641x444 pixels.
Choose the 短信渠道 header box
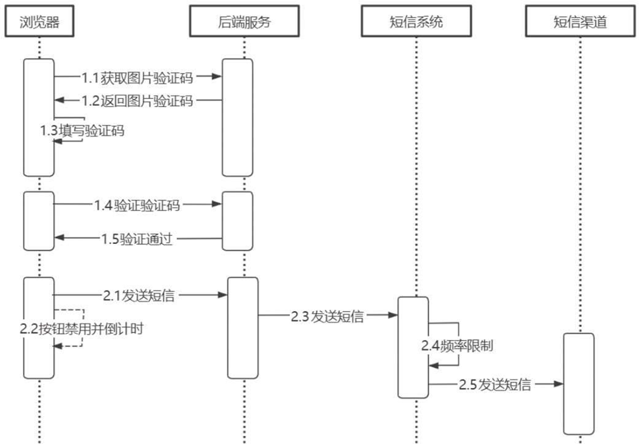click(x=580, y=23)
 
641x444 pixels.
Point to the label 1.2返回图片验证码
click(x=137, y=101)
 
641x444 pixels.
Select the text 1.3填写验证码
click(x=82, y=131)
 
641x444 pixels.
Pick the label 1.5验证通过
click(x=137, y=239)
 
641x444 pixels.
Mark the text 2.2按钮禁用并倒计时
click(x=82, y=328)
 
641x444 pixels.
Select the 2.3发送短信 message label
click(x=327, y=316)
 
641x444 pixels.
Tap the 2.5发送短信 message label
click(x=495, y=384)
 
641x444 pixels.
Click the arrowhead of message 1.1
click(x=217, y=77)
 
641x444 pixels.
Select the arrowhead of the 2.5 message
click(x=559, y=384)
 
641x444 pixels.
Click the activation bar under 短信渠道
click(x=578, y=384)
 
